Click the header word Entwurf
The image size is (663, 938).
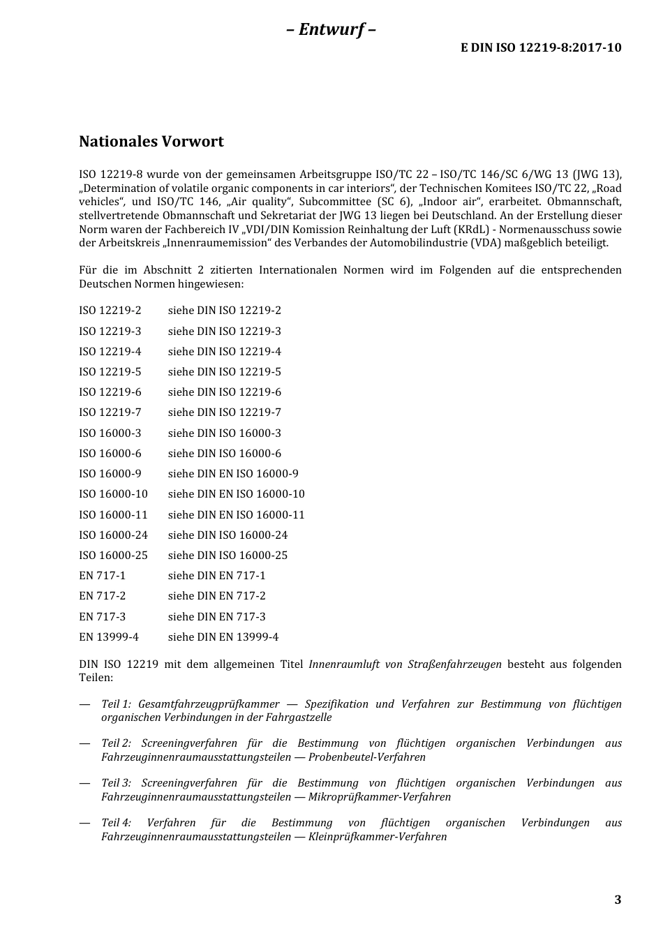pos(331,29)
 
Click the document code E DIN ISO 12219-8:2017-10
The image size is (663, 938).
pos(541,47)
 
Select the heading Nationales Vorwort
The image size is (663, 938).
pos(151,142)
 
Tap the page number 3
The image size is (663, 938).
pos(618,900)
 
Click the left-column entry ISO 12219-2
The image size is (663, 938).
pos(110,311)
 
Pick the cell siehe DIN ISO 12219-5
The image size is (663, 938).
pos(224,372)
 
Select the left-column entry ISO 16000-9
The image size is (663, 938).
pos(110,474)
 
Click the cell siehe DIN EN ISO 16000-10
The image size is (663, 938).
pos(236,494)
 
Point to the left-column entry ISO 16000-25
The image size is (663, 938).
pos(113,556)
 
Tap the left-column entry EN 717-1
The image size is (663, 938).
pos(102,576)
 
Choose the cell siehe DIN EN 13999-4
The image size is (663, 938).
pos(223,637)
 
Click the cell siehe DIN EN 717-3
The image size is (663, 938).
pos(216,617)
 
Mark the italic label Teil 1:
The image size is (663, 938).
pos(116,704)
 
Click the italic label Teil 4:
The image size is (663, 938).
pos(116,824)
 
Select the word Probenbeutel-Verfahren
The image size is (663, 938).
pos(367,757)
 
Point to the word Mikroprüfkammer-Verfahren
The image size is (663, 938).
pos(380,797)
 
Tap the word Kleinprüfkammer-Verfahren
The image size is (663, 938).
pos(378,837)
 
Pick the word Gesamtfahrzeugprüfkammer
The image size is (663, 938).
pos(209,704)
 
